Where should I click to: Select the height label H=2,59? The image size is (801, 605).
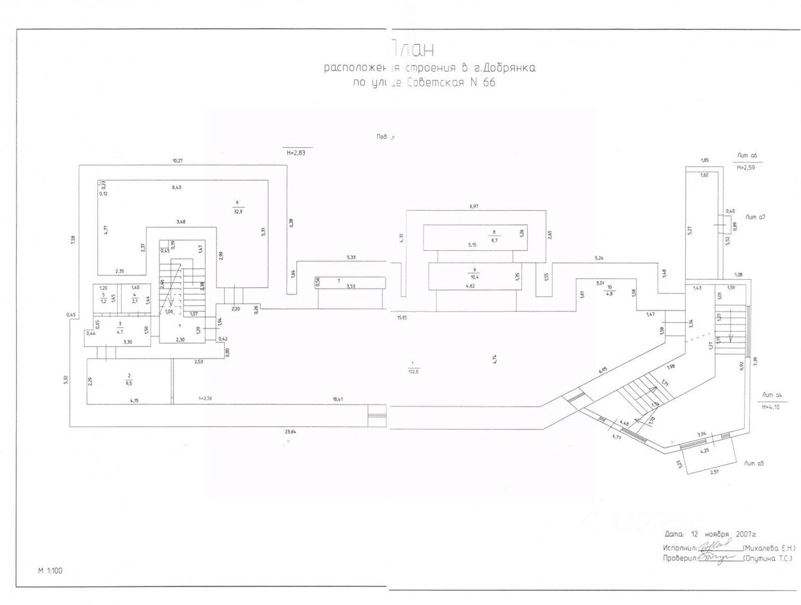click(x=747, y=168)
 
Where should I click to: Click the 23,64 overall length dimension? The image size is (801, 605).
click(x=291, y=432)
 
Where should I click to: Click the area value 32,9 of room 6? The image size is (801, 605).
click(x=238, y=210)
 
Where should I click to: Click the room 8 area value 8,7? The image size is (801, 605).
click(x=494, y=239)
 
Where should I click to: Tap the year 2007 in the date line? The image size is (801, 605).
click(x=745, y=533)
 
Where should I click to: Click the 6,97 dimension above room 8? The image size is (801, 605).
click(x=474, y=206)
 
